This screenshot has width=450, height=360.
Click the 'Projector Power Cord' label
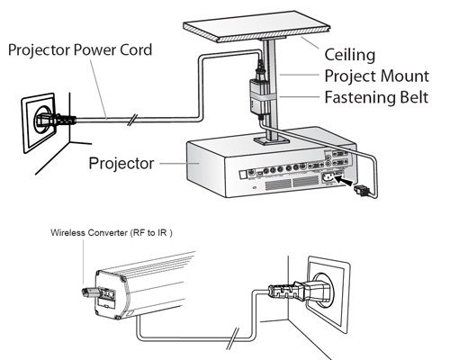(80, 49)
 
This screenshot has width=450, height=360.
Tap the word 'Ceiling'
(350, 55)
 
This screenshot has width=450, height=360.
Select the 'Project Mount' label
(377, 76)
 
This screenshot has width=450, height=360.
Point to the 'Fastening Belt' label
(376, 97)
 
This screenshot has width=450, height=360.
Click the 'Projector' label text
(121, 163)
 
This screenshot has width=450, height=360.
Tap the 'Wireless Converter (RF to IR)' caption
(112, 233)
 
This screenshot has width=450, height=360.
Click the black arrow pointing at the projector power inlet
(344, 180)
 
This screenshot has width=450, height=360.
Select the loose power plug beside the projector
(362, 191)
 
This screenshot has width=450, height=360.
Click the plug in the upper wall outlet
(56, 120)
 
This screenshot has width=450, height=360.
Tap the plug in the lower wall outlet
(299, 291)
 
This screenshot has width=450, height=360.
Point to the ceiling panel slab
(256, 27)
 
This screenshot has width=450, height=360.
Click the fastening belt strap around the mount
(263, 98)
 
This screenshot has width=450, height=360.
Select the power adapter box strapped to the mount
(257, 96)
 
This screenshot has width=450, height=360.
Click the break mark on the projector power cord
(132, 120)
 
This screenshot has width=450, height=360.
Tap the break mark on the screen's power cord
(233, 338)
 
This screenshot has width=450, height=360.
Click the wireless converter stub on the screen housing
(89, 292)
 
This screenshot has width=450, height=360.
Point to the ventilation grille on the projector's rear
(292, 183)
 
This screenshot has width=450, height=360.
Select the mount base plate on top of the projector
(272, 140)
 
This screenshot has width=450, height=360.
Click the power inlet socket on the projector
(328, 178)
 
